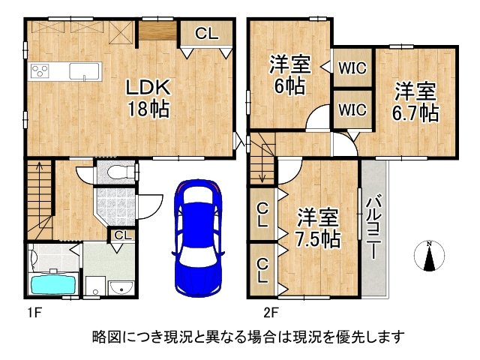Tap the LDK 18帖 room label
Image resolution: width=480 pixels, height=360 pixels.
[x=146, y=97]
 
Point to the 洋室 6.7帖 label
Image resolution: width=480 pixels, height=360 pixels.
[x=417, y=103]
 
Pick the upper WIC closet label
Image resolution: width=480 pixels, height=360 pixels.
[x=352, y=67]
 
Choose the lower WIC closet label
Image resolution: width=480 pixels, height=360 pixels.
[x=352, y=109]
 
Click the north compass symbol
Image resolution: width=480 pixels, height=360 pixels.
[x=429, y=256]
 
